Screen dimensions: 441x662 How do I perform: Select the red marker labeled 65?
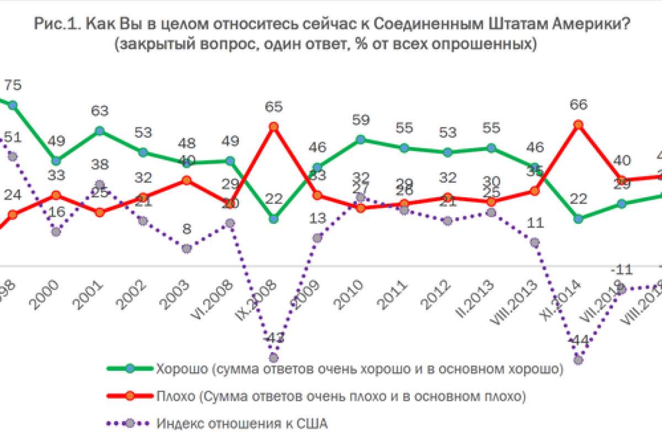click(x=273, y=127)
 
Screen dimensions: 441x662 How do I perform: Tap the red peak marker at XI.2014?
click(x=578, y=125)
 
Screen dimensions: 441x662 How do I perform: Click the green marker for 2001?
click(x=99, y=131)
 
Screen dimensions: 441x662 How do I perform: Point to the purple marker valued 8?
click(x=186, y=249)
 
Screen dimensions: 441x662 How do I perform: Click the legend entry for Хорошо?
click(x=359, y=369)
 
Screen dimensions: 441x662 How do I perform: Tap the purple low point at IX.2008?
click(x=274, y=358)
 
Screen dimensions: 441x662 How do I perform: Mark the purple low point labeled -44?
click(x=578, y=360)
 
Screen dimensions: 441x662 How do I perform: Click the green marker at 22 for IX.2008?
click(x=274, y=219)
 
